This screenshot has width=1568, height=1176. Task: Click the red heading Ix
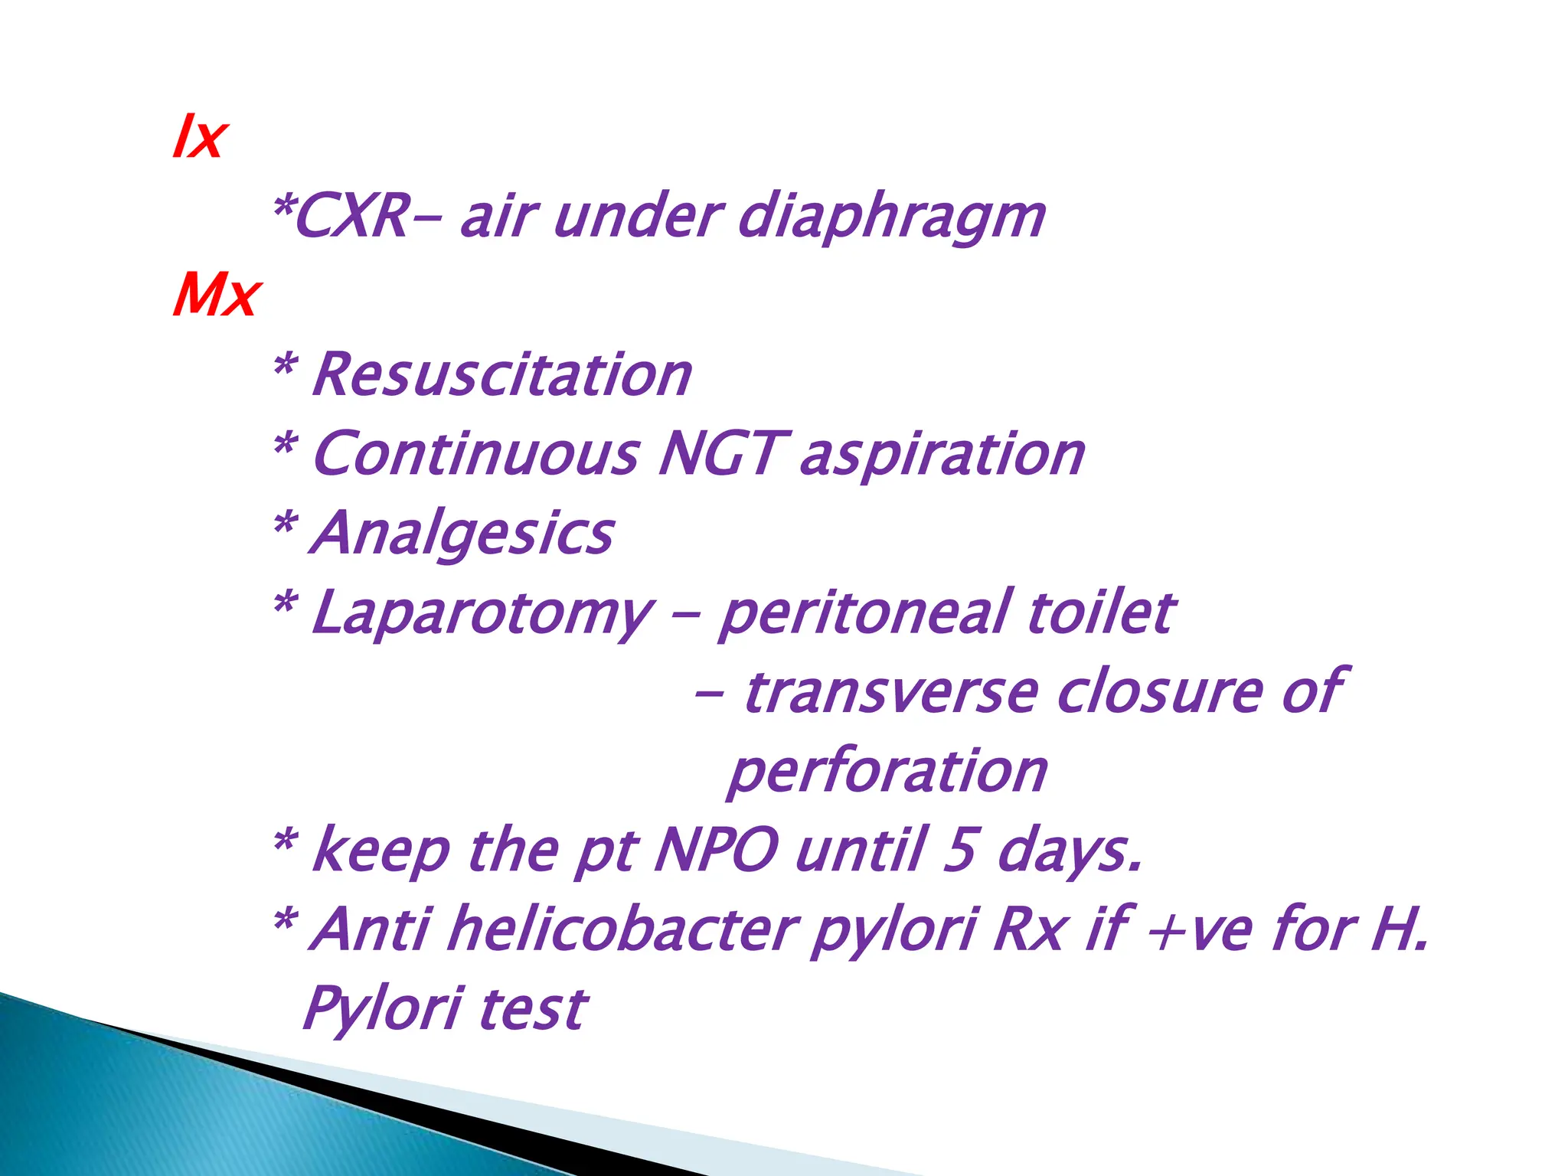point(199,138)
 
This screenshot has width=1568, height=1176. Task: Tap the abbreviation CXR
point(351,217)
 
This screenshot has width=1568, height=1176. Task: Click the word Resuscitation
point(502,375)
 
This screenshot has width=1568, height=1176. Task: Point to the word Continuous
point(475,454)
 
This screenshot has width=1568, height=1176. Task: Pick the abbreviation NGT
point(720,454)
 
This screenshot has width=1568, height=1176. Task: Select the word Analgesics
point(462,534)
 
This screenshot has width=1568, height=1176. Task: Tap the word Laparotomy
point(483,615)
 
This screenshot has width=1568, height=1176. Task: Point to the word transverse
point(891,693)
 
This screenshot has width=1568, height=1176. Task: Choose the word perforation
point(888,773)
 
